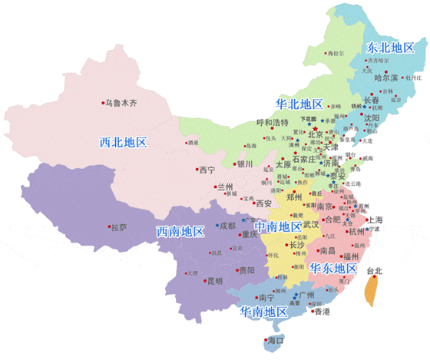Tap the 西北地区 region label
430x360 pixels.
[123, 142]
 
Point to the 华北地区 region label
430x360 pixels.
[299, 103]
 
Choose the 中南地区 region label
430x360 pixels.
[278, 226]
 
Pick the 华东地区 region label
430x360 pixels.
[332, 269]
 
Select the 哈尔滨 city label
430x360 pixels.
[386, 78]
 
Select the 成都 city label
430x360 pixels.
[228, 226]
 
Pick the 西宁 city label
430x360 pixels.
[206, 170]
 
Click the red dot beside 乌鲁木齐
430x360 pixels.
[104, 102]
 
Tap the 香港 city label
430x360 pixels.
[321, 312]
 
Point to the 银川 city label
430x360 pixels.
[244, 163]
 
